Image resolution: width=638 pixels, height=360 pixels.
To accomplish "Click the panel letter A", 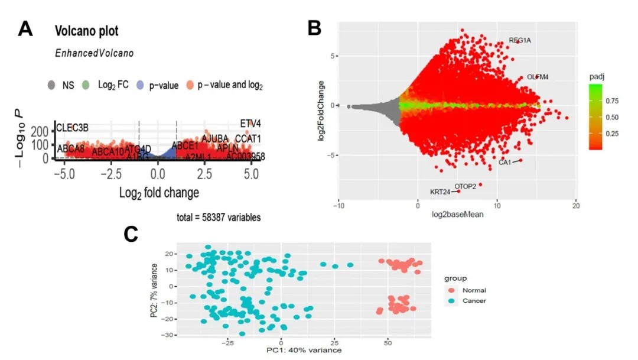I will coord(25,28).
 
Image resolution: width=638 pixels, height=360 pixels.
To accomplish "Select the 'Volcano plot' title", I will coord(86,31).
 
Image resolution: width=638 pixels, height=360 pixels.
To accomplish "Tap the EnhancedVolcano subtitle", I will coord(94,53).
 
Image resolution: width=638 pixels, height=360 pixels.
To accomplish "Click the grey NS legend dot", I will coord(52,85).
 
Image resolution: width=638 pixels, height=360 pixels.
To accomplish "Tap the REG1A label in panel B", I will coord(520,41).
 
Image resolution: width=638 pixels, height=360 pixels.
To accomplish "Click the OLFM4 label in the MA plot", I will coord(538,77).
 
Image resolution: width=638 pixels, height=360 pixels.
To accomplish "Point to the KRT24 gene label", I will coord(440,192).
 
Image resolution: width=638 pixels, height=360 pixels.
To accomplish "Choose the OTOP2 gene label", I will coord(465,186).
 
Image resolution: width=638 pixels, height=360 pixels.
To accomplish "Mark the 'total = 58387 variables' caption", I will coord(219,218).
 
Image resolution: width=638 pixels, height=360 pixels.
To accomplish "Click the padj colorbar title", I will coord(594,77).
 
